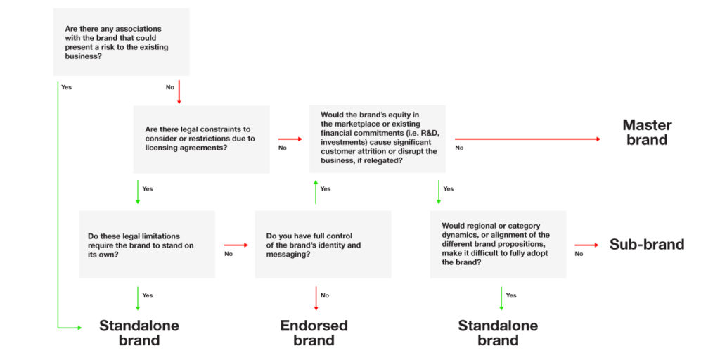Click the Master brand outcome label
coord(647,132)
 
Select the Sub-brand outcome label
coord(647,244)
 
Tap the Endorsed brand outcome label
coord(314,333)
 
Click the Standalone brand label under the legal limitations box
coord(139,333)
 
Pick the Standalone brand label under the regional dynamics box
coord(499,333)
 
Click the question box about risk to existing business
coord(121,41)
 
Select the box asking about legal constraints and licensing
coord(202,140)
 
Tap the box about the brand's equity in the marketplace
coord(378,139)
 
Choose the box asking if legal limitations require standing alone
coord(147,244)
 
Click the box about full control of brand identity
coord(323,244)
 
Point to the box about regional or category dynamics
coord(499,244)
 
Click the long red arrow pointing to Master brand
coord(527,139)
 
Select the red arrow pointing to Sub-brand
coord(587,245)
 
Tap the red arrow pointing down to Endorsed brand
coord(316,298)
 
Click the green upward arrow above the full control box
coord(316,192)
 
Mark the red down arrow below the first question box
coord(179,92)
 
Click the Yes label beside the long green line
coord(67,87)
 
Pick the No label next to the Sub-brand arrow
coord(579,254)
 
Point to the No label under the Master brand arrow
coord(459,148)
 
